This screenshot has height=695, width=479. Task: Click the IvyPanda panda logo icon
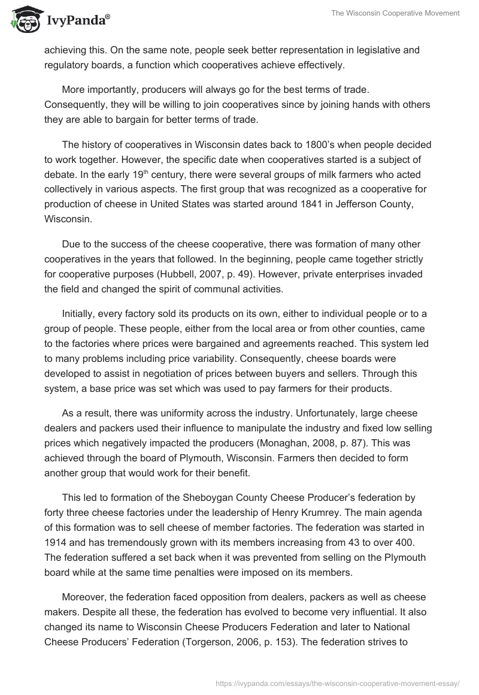pyautogui.click(x=23, y=20)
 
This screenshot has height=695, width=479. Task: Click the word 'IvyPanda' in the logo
pyautogui.click(x=76, y=20)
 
